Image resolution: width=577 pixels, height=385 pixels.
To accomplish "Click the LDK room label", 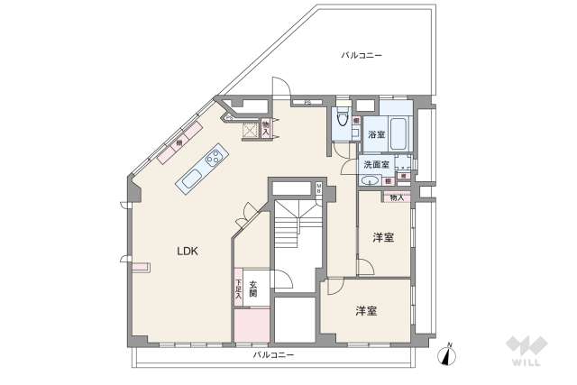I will tap(188, 252).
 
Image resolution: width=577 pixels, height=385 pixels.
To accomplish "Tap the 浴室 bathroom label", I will tap(376, 134).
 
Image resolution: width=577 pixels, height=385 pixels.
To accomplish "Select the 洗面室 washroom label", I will tap(376, 165).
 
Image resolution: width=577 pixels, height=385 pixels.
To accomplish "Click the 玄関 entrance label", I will tap(253, 289).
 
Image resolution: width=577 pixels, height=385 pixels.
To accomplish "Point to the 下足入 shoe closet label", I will tap(238, 289).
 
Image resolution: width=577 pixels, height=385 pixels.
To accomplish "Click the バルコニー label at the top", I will tap(361, 55).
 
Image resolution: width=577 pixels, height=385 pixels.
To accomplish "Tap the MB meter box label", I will tap(318, 189).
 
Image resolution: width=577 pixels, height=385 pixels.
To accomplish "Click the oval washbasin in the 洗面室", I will tap(369, 182).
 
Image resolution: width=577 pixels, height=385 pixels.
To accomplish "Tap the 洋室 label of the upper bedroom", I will tap(383, 238).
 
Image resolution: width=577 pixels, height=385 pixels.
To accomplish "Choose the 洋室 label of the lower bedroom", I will tap(365, 311).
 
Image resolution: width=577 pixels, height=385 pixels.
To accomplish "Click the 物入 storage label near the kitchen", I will tap(266, 129).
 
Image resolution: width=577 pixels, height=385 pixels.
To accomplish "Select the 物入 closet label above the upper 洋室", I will tap(397, 197).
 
